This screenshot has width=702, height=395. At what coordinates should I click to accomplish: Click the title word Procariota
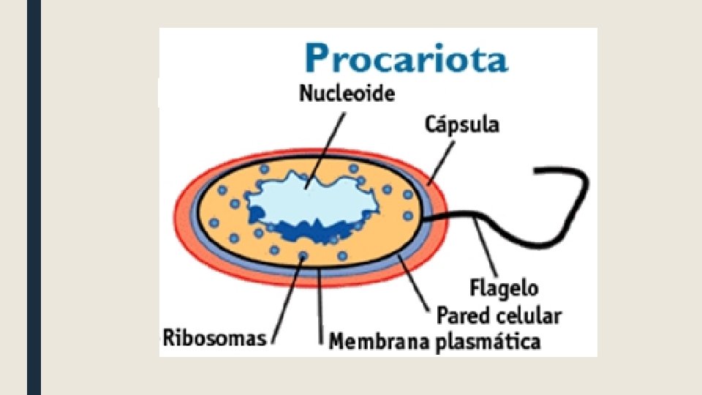coord(406,57)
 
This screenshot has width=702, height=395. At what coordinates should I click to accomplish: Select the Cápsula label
coord(462,124)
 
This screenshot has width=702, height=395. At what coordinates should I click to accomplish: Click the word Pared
coord(464,316)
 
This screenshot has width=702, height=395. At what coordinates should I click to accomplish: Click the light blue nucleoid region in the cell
coord(307,197)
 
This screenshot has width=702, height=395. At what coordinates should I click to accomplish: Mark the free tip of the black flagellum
coord(537,172)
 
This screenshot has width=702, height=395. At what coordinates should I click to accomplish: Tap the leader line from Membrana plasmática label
coord(322,307)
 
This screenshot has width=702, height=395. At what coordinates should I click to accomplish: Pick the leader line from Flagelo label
coord(486,249)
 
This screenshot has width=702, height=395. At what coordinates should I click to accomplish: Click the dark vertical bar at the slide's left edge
coord(34,197)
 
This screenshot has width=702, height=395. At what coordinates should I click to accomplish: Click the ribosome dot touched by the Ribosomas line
coord(303,255)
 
